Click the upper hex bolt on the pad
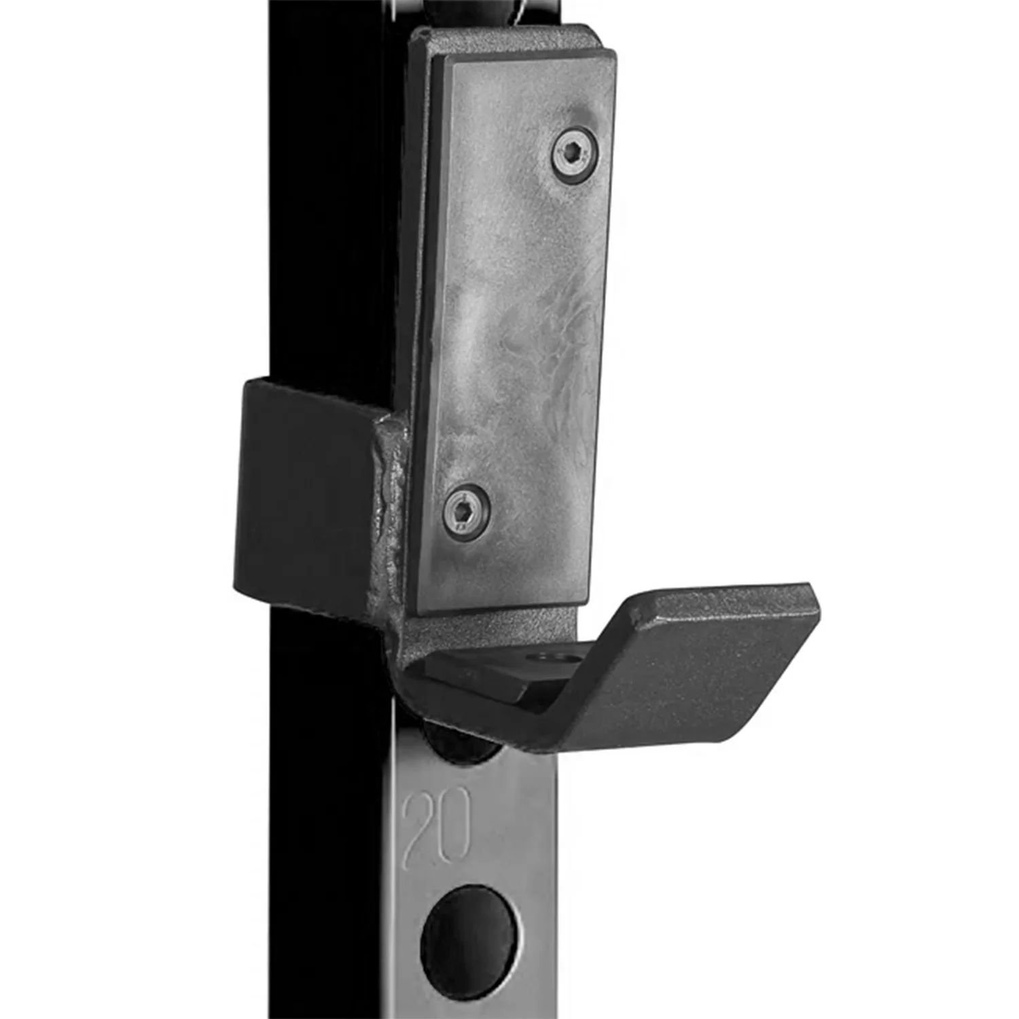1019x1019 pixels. tap(575, 156)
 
